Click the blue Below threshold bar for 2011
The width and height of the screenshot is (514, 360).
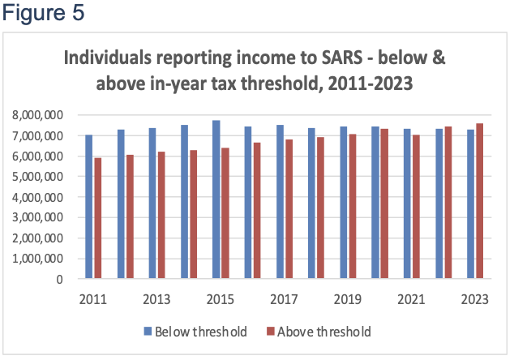tap(89, 207)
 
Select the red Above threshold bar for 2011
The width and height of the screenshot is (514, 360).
tap(98, 218)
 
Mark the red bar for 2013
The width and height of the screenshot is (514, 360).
tap(162, 216)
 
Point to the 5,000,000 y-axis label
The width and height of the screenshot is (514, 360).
tap(40, 177)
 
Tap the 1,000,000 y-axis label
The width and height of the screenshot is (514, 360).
tap(40, 259)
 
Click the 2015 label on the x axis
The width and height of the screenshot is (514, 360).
tap(221, 298)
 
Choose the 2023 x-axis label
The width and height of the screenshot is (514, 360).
tap(475, 298)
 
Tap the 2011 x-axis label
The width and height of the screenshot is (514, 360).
tap(93, 298)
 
